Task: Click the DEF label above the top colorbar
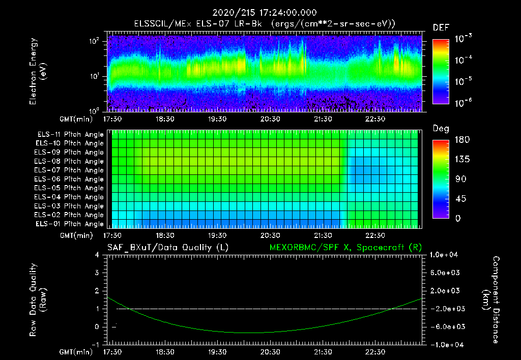click(441, 27)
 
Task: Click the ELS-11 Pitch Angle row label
click(70, 134)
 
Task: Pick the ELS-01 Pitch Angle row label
click(70, 224)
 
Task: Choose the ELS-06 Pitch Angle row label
click(70, 179)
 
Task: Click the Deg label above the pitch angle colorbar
click(441, 129)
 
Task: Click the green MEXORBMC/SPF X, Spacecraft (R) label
click(345, 248)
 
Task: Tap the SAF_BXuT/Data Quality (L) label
click(167, 248)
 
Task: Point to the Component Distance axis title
click(490, 300)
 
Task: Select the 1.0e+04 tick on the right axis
click(445, 255)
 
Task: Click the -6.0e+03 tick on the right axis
click(445, 327)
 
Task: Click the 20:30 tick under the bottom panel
click(270, 351)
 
